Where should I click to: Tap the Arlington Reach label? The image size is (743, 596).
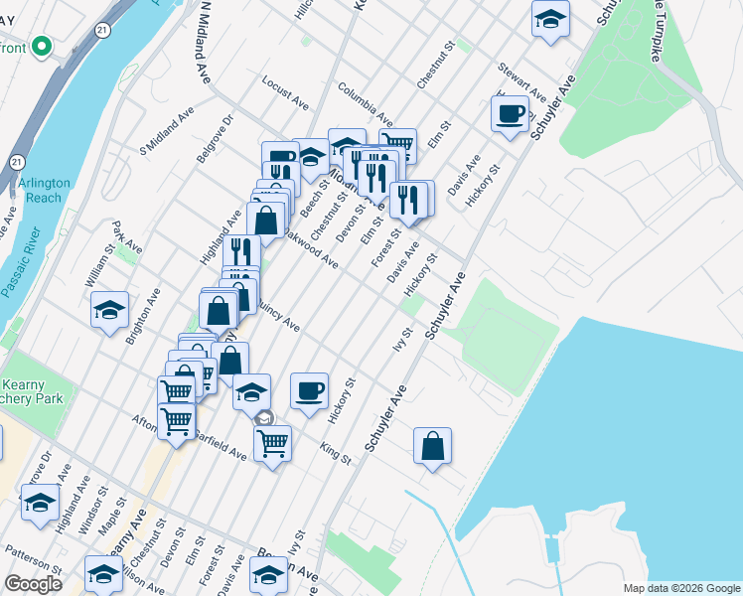(x=45, y=190)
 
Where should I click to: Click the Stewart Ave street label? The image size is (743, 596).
(x=522, y=81)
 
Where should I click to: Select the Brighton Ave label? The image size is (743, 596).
(x=142, y=316)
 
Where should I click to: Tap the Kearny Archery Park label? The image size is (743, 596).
(x=29, y=391)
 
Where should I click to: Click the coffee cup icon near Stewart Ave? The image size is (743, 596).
(x=511, y=114)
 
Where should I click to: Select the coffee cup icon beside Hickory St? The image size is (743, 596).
(x=310, y=388)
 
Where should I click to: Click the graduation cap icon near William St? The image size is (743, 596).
(x=110, y=309)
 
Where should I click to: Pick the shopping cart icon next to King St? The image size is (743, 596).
(x=272, y=442)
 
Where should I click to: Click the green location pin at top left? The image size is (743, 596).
(x=41, y=46)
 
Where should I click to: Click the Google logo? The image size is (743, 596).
(x=33, y=584)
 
